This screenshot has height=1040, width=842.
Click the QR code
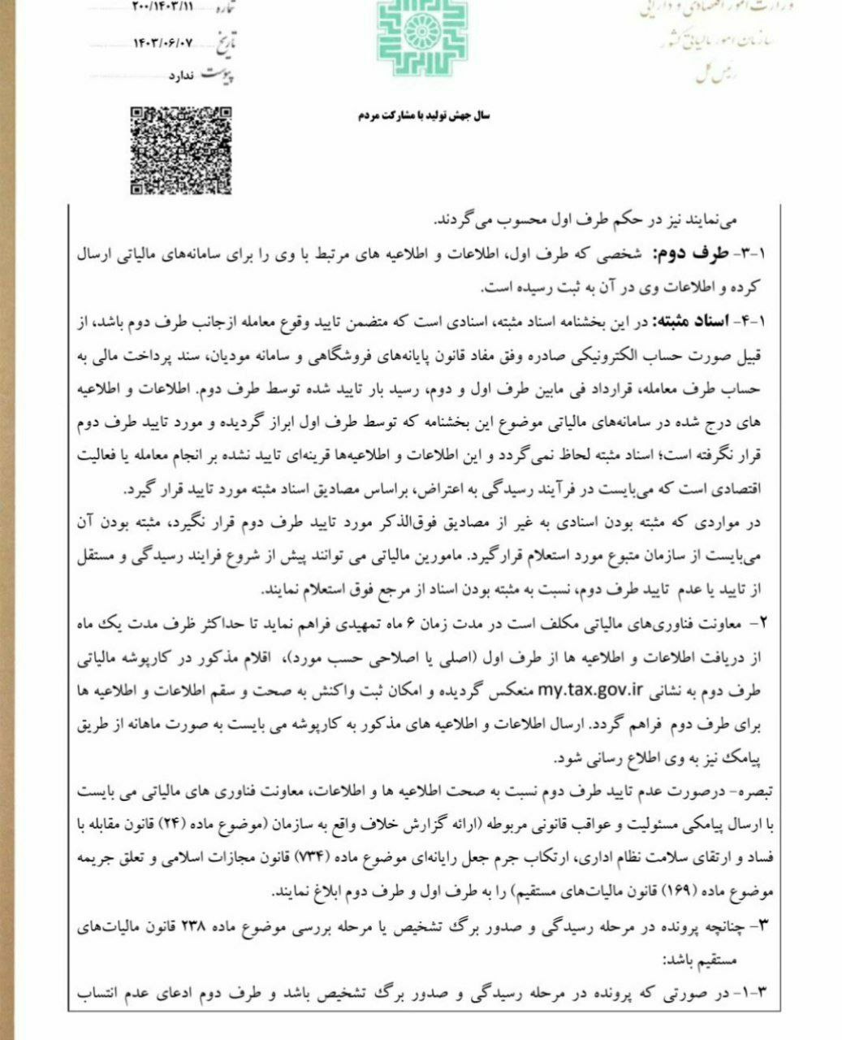[180, 152]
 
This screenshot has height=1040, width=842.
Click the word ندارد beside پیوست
[180, 76]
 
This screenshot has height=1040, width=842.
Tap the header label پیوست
[227, 74]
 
